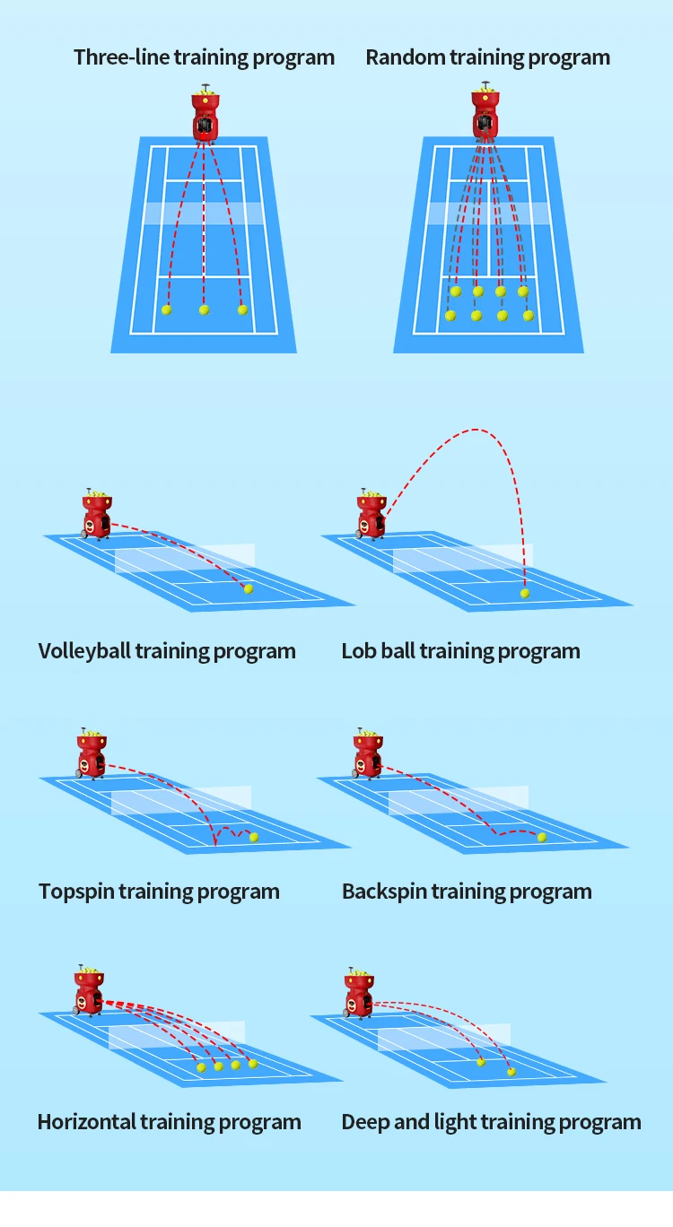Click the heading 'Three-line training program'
[204, 57]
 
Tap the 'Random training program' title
[487, 57]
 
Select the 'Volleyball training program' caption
[167, 651]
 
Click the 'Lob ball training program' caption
[460, 651]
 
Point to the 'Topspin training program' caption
[159, 892]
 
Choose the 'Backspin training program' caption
[467, 892]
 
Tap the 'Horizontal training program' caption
[169, 1122]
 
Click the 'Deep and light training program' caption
[491, 1122]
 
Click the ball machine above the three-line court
[205, 115]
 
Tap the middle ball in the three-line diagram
[204, 310]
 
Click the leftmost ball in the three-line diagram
[166, 310]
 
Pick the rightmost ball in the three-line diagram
[242, 310]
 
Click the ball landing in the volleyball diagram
[249, 588]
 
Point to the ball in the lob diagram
[525, 593]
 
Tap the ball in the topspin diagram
[254, 837]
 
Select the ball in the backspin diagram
[542, 837]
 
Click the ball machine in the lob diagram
[371, 515]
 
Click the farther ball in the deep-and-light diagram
[481, 1062]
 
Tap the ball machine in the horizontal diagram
[88, 992]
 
